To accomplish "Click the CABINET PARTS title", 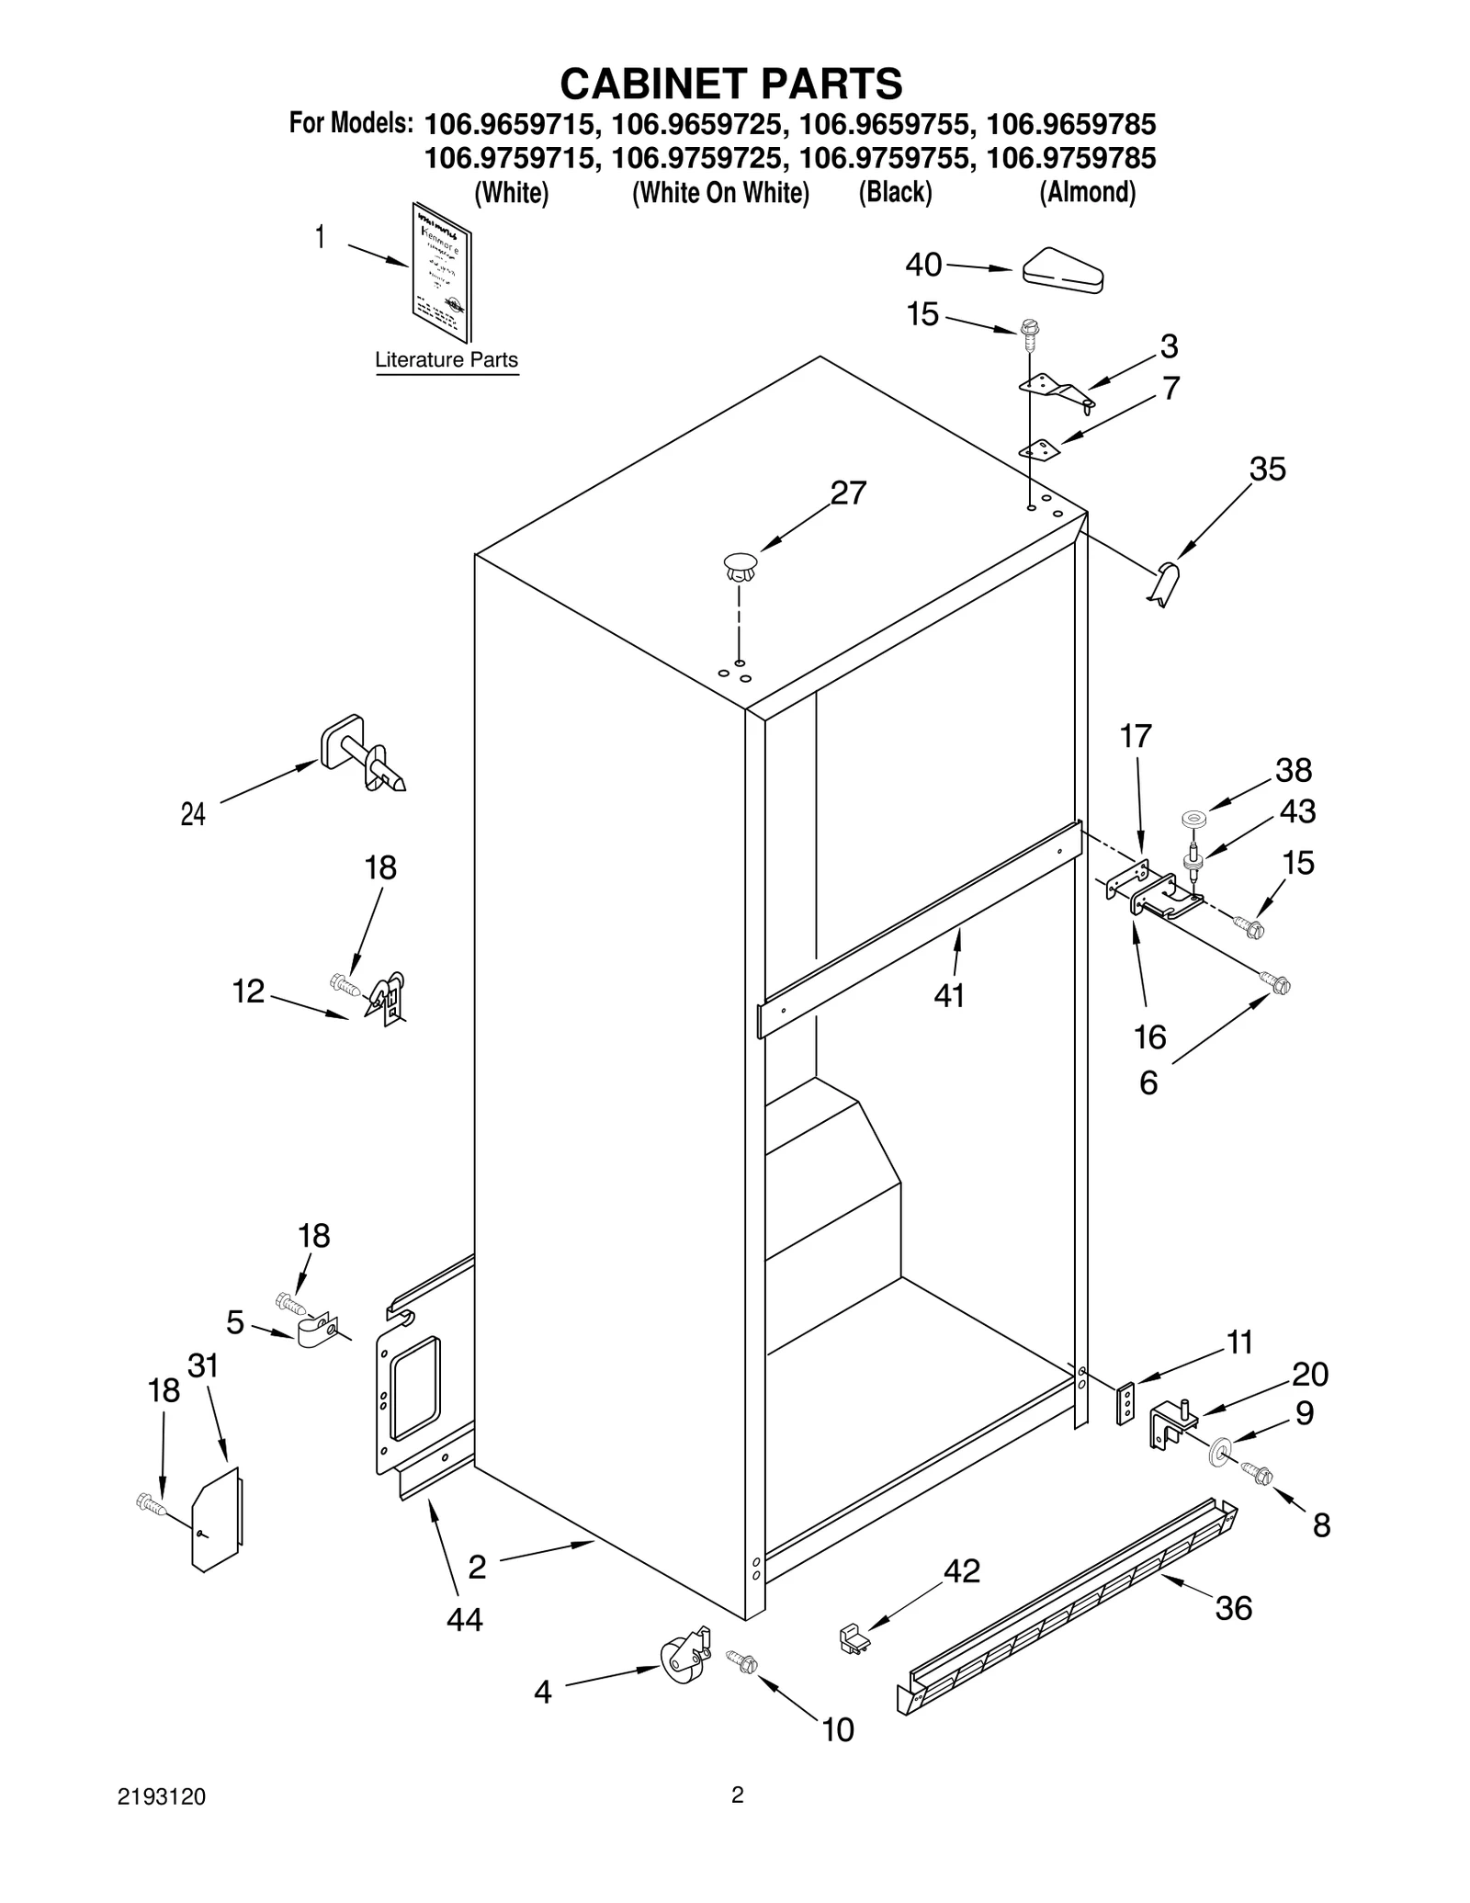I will tap(731, 84).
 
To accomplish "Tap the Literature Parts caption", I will tap(447, 360).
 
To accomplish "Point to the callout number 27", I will tap(848, 493).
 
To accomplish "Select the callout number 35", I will tap(1268, 470).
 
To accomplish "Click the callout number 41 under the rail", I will tap(949, 995).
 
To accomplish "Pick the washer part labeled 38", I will tap(1194, 816).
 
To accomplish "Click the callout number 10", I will tap(837, 1729).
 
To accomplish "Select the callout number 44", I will tap(464, 1619).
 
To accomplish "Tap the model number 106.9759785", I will tap(1070, 159).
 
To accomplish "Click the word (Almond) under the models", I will tap(1087, 193).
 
